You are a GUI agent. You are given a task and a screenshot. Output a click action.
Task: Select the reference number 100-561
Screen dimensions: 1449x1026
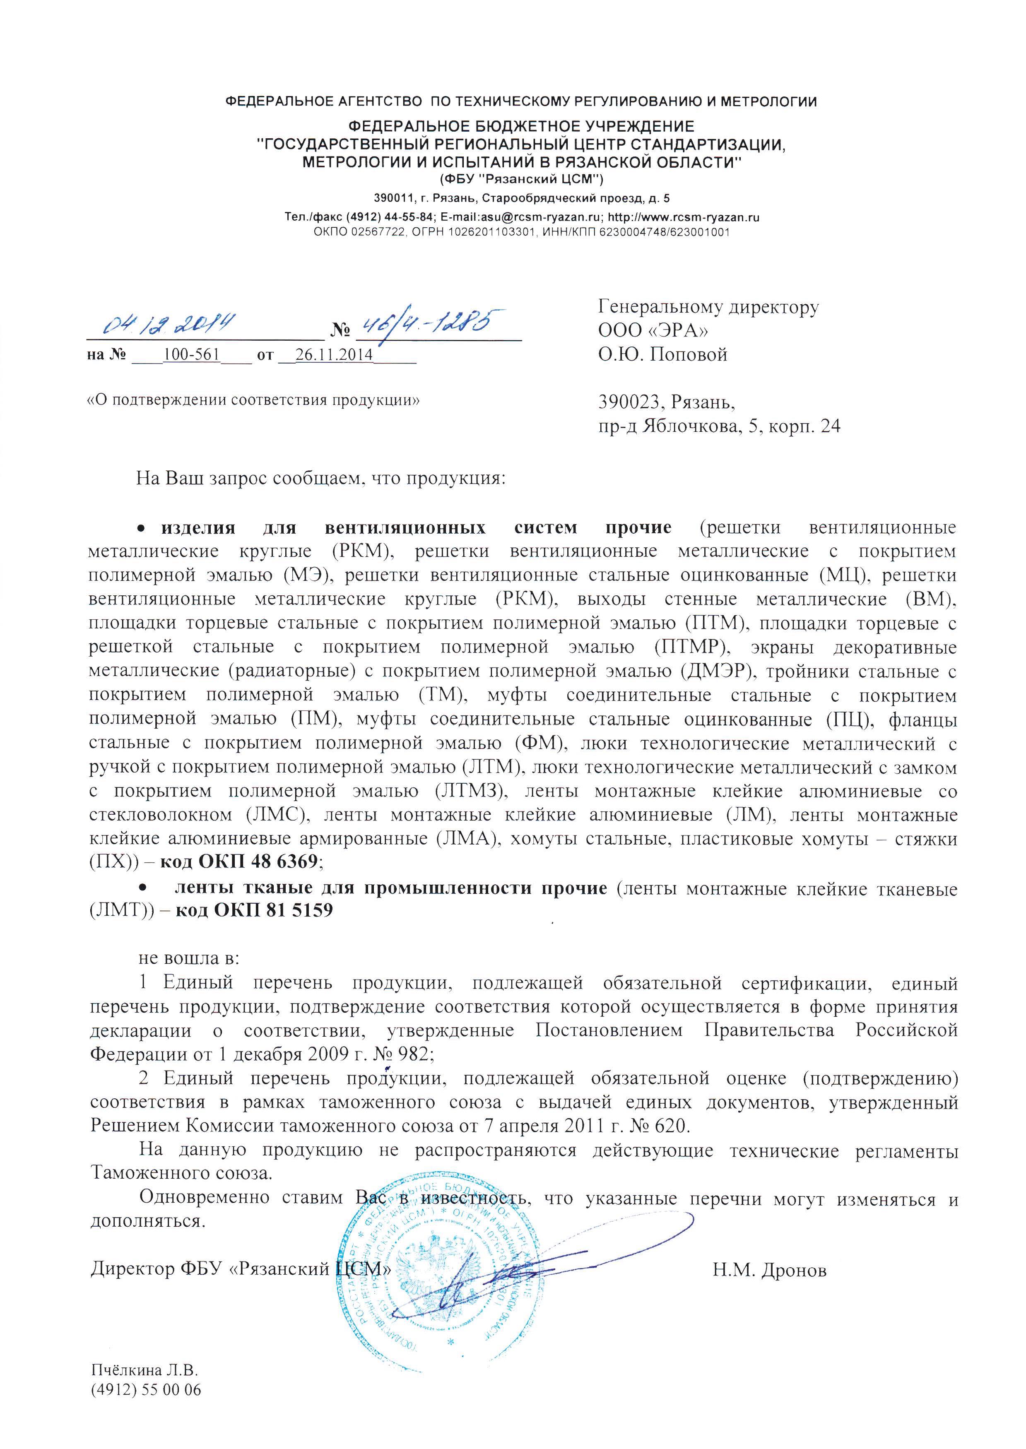point(191,354)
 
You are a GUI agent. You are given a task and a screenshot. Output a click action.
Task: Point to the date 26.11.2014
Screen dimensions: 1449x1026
point(334,354)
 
